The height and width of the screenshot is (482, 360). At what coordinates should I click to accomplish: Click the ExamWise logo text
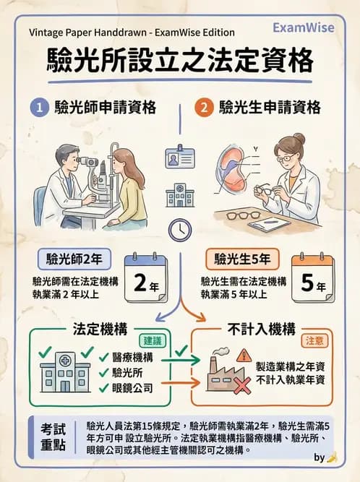pyautogui.click(x=304, y=27)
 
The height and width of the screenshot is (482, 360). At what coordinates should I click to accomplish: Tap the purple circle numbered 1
pyautogui.click(x=37, y=108)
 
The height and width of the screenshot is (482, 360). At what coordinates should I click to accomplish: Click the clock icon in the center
pyautogui.click(x=179, y=229)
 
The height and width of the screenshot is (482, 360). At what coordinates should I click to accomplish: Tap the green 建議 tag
pyautogui.click(x=153, y=340)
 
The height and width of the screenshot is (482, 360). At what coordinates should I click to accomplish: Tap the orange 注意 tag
pyautogui.click(x=314, y=340)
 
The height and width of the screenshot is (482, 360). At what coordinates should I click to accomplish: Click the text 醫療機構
pyautogui.click(x=132, y=356)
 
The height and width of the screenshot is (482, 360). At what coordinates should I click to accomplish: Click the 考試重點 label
pyautogui.click(x=54, y=436)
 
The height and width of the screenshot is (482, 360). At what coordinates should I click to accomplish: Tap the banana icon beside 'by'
pyautogui.click(x=332, y=457)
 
